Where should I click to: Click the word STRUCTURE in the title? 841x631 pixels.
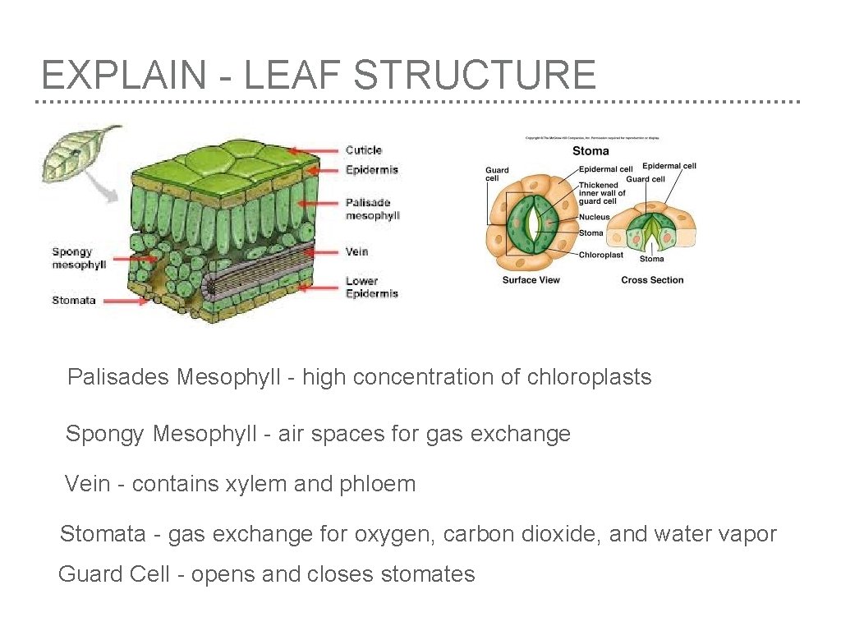click(475, 75)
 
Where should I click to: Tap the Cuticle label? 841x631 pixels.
click(364, 150)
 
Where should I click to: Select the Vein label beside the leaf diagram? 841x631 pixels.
click(356, 251)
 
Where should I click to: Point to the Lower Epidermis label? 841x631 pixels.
click(371, 287)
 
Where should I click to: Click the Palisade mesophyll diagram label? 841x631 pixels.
click(372, 209)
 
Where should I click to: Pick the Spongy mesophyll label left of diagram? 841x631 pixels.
click(79, 258)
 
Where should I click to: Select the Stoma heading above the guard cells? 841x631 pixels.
click(591, 150)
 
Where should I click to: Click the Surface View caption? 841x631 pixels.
click(531, 280)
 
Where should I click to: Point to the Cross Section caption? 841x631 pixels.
click(652, 280)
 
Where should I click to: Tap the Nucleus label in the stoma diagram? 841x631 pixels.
click(594, 217)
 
